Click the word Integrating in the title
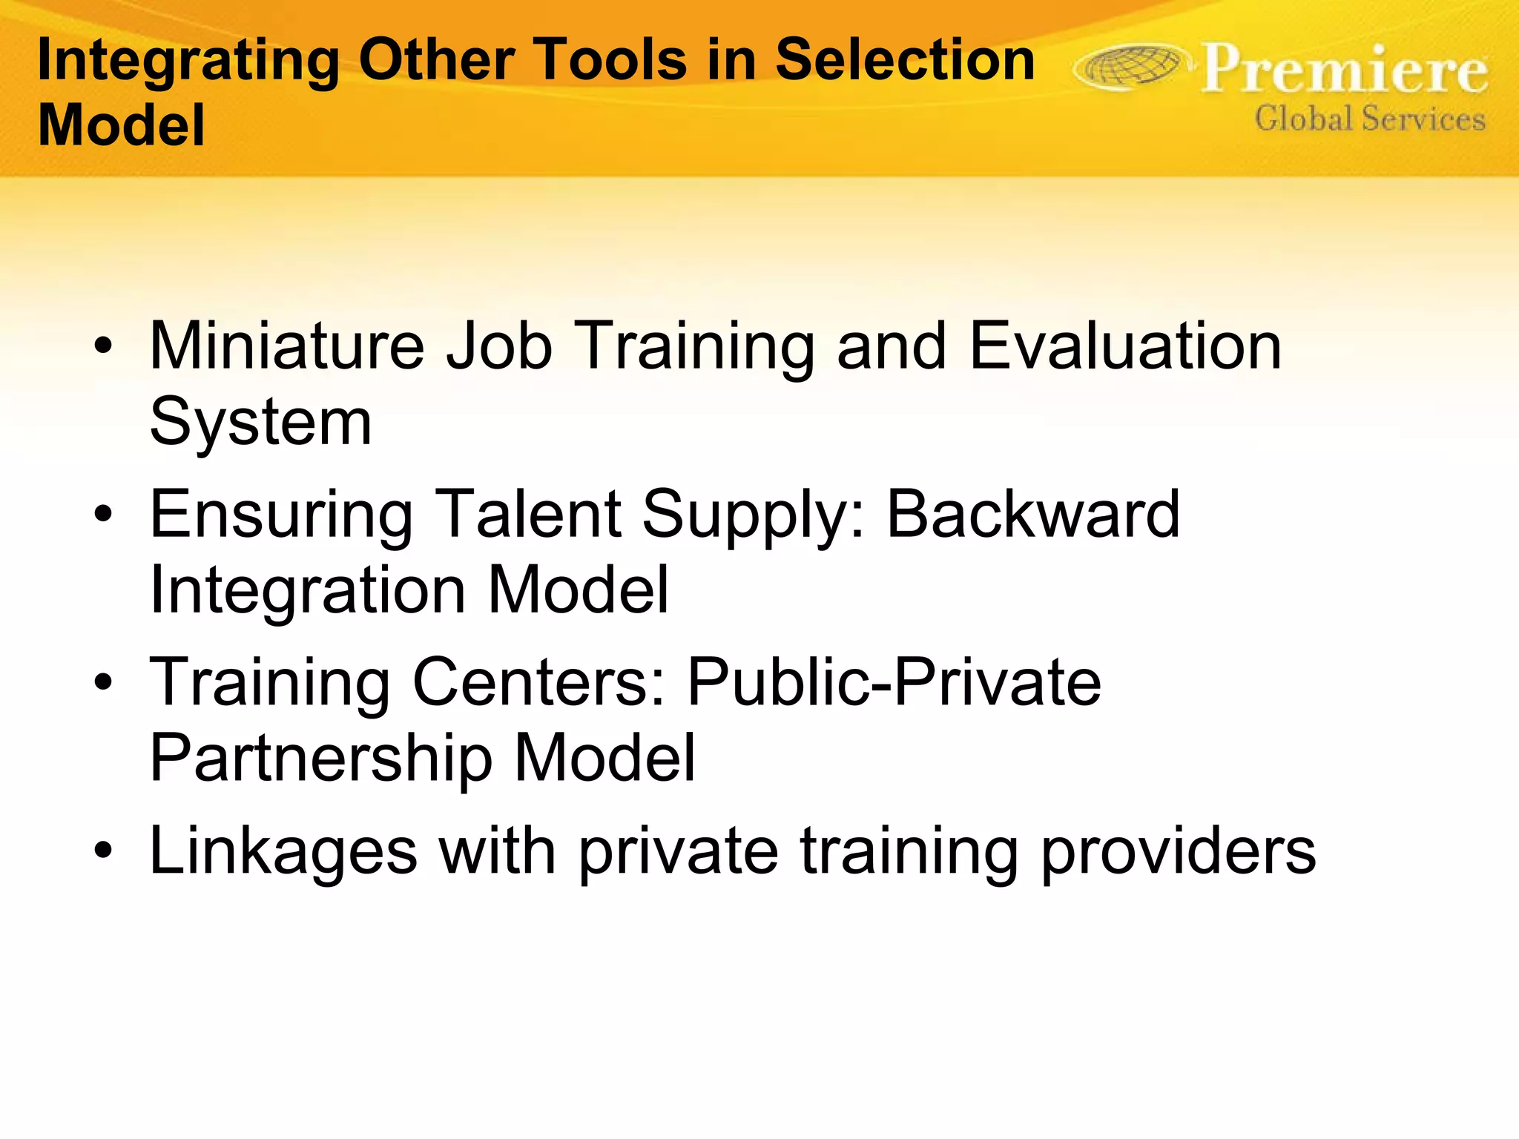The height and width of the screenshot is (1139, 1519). (x=188, y=61)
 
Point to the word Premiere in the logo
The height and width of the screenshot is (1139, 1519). (x=1344, y=70)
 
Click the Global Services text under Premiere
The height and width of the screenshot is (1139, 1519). (x=1370, y=119)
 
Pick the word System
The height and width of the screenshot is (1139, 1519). (x=260, y=423)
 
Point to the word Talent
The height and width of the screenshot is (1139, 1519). (x=528, y=514)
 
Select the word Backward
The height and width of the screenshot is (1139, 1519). (x=1032, y=514)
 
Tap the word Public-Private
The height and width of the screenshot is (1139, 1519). (x=894, y=682)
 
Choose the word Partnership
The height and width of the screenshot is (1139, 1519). (x=321, y=759)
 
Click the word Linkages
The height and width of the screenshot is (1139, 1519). (x=283, y=851)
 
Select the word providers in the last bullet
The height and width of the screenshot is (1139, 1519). (x=1178, y=851)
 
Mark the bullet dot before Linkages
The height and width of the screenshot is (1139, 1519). (x=104, y=851)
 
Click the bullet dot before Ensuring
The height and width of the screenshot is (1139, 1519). (x=104, y=513)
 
